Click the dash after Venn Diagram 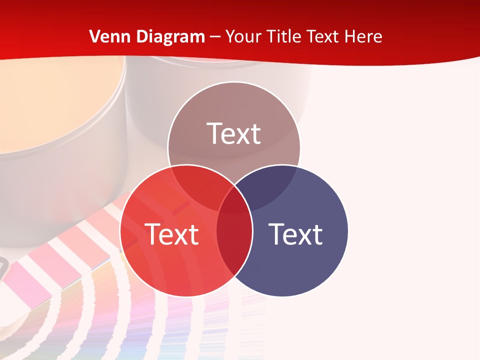click(x=215, y=37)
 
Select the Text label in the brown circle click(x=234, y=133)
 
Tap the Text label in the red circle click(x=171, y=234)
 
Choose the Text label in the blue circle click(x=295, y=234)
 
